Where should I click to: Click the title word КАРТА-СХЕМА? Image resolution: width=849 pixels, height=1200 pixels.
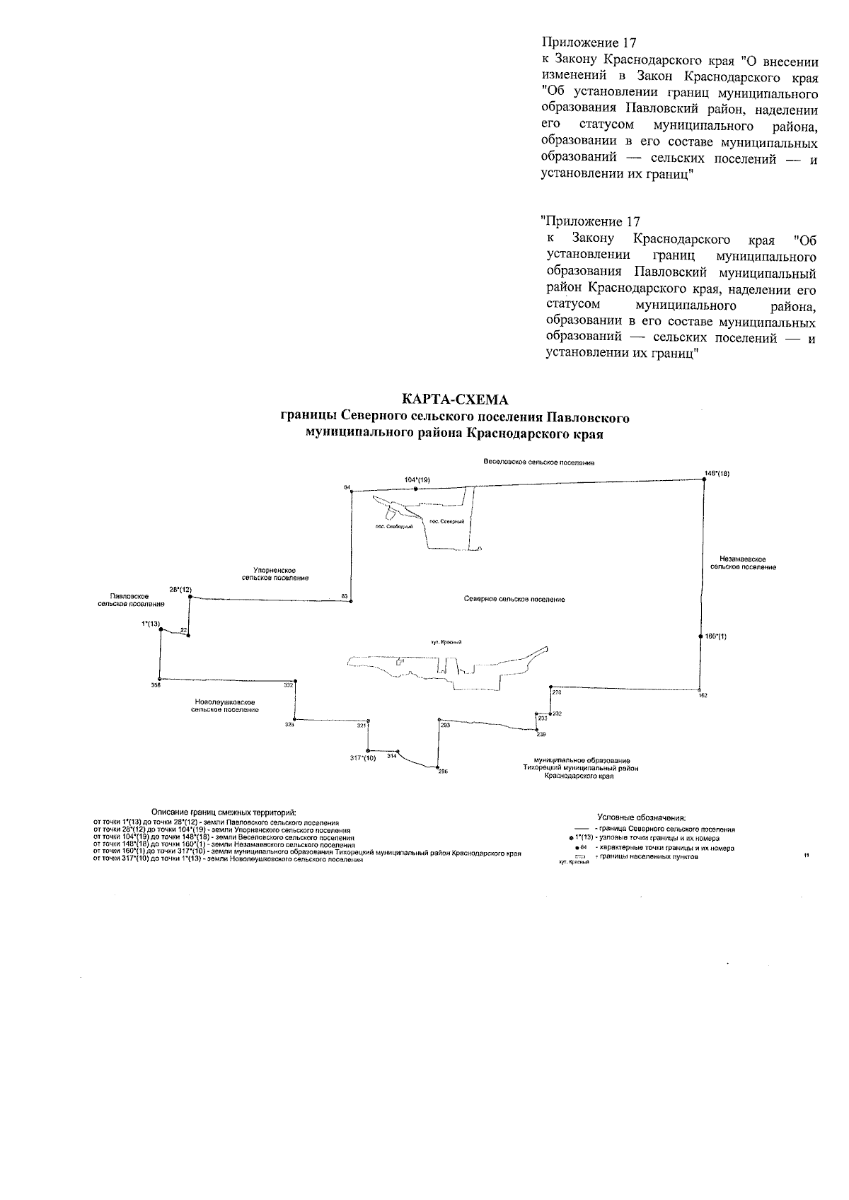tap(454, 401)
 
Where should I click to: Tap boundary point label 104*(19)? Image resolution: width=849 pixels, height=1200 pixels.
tap(417, 479)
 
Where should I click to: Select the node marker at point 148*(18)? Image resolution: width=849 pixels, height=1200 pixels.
tap(704, 480)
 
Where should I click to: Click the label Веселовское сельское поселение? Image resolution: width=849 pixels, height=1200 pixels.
tap(539, 462)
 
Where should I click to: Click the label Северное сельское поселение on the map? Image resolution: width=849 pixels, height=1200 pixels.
tap(514, 599)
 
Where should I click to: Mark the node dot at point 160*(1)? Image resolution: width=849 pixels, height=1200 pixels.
tap(700, 636)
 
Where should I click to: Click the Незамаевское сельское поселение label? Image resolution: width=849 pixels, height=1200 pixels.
tap(743, 563)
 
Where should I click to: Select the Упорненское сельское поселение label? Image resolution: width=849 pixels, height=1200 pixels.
tap(275, 573)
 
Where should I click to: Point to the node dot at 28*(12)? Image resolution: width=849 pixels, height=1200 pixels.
tap(190, 597)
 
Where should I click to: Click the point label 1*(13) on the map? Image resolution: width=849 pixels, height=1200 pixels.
tap(151, 624)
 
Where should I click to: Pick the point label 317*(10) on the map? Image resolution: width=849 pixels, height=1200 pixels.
tap(362, 758)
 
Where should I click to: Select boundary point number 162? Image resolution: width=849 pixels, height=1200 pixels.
tap(703, 695)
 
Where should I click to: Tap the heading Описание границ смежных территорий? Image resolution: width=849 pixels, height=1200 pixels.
tap(224, 812)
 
